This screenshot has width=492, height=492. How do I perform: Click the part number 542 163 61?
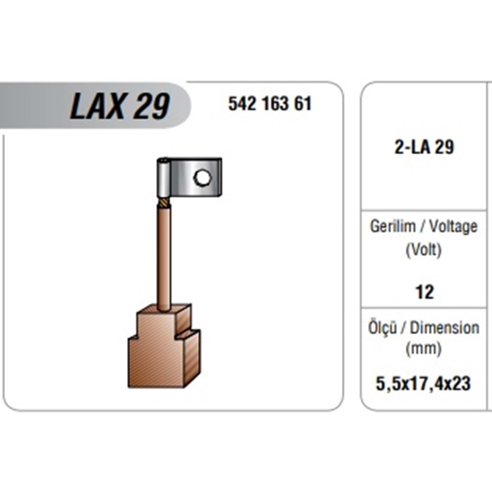[270, 104]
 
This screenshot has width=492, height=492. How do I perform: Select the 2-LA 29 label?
[424, 147]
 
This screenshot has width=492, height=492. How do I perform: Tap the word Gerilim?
[393, 226]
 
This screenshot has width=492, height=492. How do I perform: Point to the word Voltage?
[453, 226]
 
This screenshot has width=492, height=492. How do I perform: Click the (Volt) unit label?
[424, 250]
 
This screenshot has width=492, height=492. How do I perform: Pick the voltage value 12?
[425, 292]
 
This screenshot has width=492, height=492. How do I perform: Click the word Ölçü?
[382, 328]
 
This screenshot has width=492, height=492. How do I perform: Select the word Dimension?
[445, 328]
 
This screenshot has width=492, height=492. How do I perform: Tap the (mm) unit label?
[424, 349]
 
